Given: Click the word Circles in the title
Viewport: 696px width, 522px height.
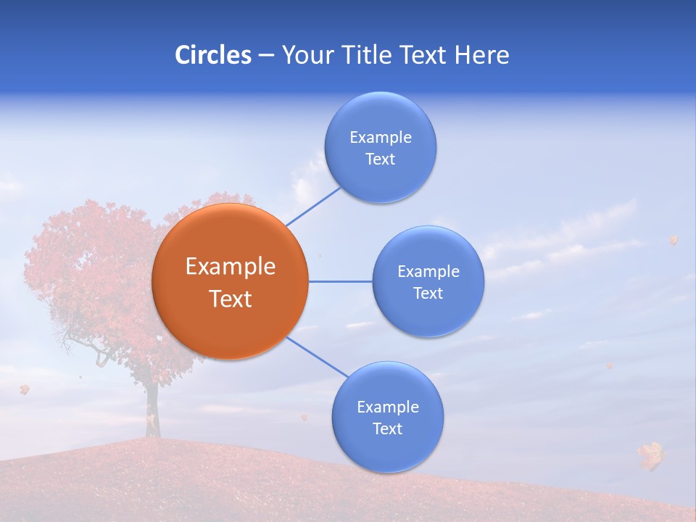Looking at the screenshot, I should point(212,55).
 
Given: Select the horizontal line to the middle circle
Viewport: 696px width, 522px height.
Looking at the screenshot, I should point(340,281).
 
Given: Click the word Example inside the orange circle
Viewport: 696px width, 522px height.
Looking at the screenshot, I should point(231,267).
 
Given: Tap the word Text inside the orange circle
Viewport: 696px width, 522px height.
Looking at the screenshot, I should point(231,299).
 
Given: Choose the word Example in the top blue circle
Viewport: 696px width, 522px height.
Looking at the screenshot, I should point(381,138).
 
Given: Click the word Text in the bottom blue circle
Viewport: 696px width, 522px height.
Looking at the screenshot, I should point(387,429).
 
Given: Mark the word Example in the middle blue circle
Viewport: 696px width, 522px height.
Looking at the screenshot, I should point(428,272).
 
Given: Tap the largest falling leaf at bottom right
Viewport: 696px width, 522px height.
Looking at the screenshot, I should point(650,455).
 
